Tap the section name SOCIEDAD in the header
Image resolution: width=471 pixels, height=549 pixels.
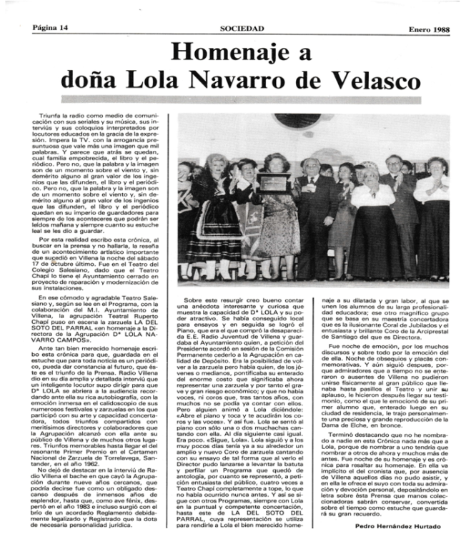click(x=242, y=29)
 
